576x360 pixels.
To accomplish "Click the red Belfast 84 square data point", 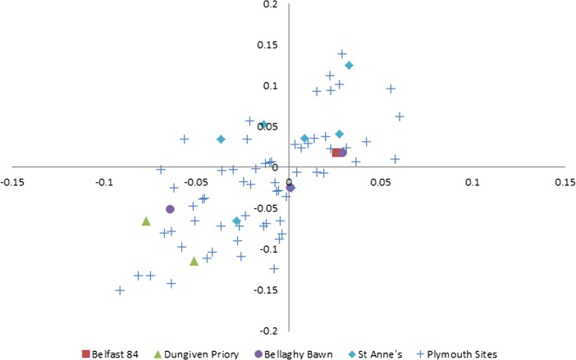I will (336, 153).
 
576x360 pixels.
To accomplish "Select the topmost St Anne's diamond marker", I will (349, 66).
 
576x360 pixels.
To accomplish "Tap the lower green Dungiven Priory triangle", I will (194, 262).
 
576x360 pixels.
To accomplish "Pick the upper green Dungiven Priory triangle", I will (146, 221).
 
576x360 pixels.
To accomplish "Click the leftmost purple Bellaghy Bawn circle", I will (170, 209).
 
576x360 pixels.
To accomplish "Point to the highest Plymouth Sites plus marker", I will (342, 54).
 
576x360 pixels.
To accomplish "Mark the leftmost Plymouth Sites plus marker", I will (121, 290).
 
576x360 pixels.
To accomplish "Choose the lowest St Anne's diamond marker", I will (236, 221).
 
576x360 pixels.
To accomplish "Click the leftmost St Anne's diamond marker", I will (221, 139).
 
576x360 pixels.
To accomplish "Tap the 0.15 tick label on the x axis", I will (564, 181).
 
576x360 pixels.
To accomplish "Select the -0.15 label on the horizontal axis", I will (12, 181).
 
